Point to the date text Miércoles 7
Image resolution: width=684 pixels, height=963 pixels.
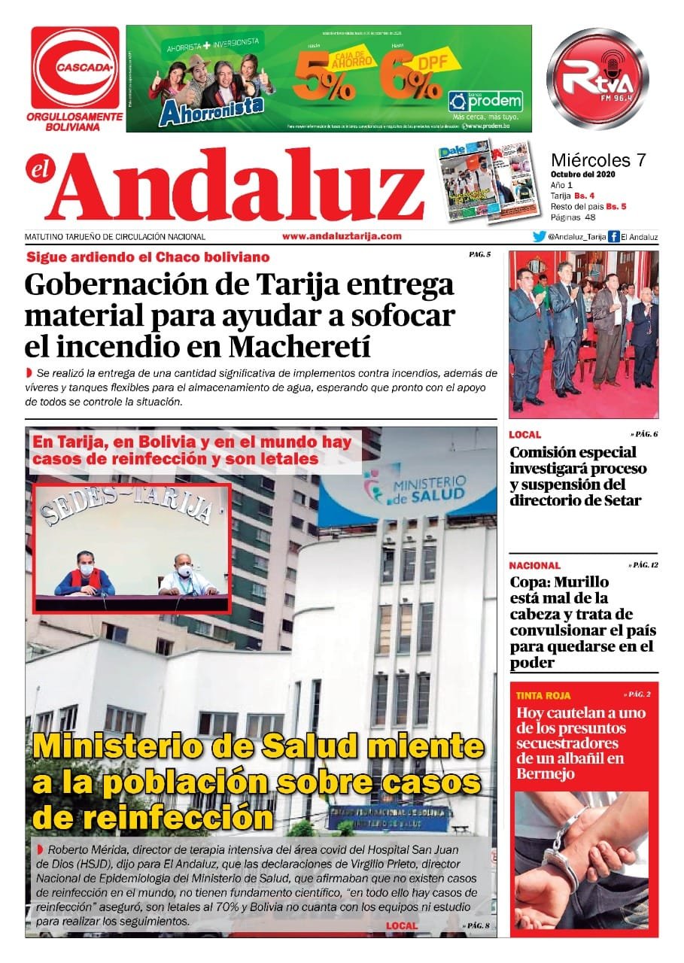point(598,160)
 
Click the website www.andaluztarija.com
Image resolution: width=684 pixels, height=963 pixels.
point(342,236)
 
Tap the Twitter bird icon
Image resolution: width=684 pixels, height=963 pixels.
point(539,237)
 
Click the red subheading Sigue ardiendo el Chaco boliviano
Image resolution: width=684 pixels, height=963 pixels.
point(147,257)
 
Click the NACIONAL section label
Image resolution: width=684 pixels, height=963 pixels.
point(534,565)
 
